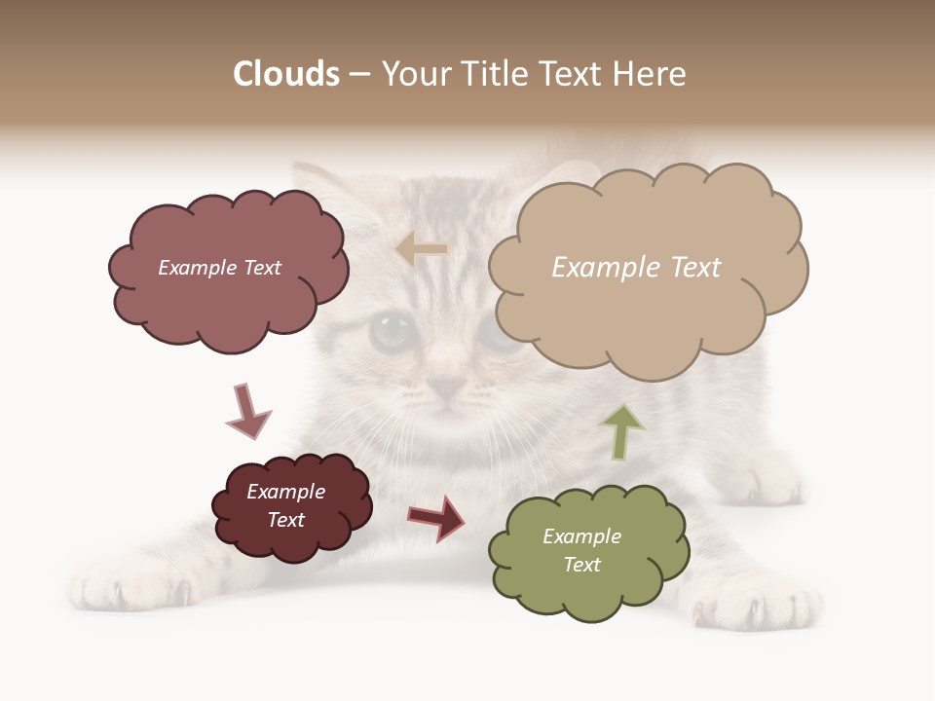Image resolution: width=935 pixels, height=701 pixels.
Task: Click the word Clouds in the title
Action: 286,74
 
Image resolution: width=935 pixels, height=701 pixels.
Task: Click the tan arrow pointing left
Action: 421,250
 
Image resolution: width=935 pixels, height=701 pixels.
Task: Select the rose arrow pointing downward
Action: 247,411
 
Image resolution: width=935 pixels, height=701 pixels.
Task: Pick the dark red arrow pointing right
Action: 437,517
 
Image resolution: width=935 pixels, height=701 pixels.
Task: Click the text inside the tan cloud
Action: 636,268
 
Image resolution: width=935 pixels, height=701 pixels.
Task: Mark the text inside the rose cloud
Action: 219,268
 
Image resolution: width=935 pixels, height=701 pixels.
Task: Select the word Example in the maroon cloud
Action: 285,492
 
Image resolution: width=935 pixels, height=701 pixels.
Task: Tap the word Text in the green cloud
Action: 581,565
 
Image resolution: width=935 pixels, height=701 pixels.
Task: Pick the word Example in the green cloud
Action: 581,536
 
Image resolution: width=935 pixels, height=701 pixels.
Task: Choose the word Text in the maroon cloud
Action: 285,520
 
